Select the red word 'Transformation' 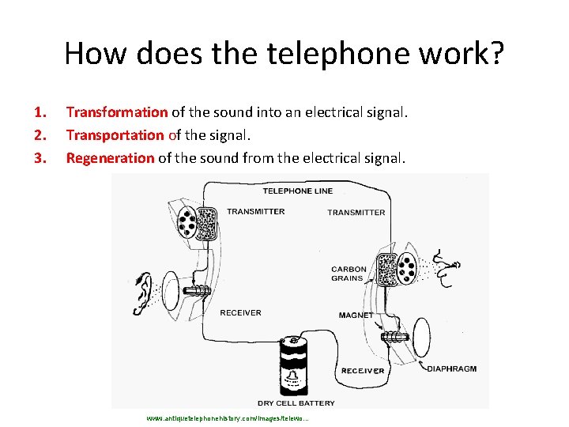[x=117, y=112]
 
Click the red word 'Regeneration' [x=111, y=158]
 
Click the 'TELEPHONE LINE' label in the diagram [x=297, y=191]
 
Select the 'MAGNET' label [x=355, y=316]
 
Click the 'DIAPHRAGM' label [x=451, y=368]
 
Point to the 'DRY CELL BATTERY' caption [x=296, y=403]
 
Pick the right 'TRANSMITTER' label [x=356, y=213]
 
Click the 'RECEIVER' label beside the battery [x=363, y=370]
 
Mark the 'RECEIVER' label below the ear [x=240, y=312]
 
